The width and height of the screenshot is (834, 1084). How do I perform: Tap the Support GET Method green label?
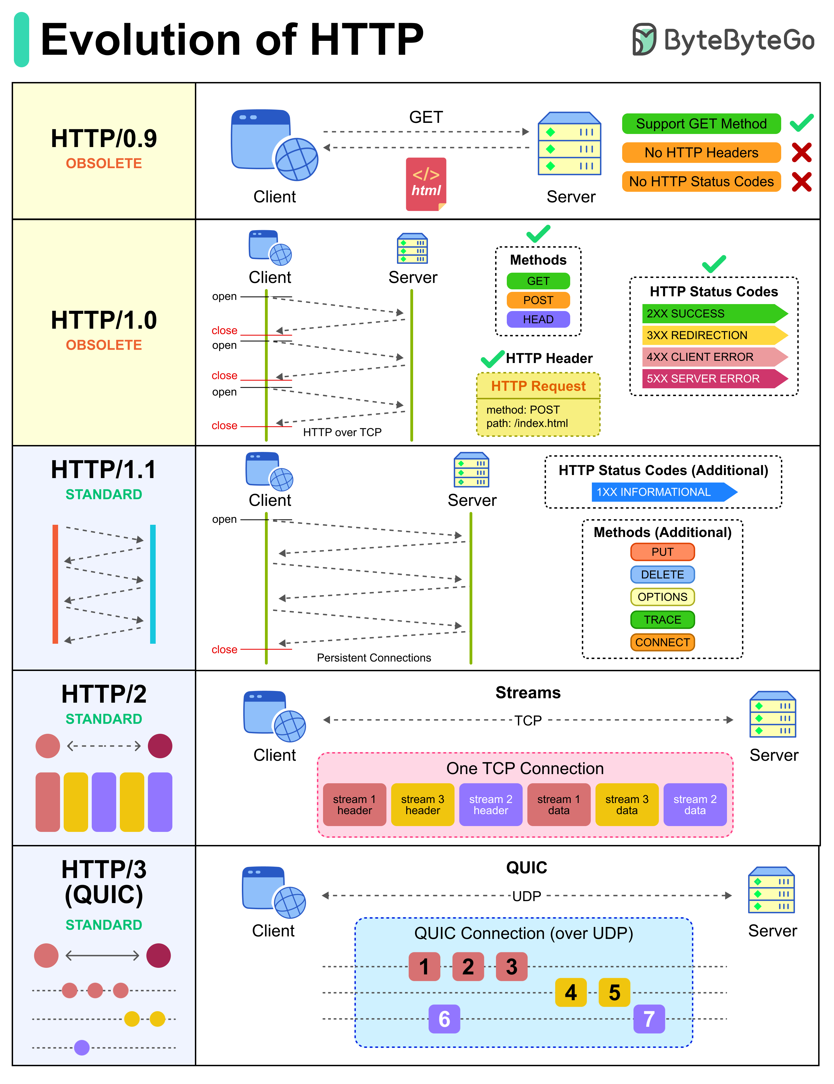(701, 124)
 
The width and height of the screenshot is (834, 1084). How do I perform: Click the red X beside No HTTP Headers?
(801, 152)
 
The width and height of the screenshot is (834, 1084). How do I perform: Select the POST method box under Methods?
(538, 300)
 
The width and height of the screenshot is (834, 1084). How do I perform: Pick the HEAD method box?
(538, 319)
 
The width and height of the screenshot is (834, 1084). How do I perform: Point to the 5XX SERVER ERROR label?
(710, 379)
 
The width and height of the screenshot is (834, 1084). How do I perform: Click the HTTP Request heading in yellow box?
(538, 386)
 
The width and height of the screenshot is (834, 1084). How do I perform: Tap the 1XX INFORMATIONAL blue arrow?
(660, 492)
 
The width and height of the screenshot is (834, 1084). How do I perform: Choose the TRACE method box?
(662, 620)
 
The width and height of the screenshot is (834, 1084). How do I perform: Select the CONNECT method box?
(662, 642)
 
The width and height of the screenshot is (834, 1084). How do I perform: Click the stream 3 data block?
(627, 805)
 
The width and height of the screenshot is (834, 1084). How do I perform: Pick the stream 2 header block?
(490, 805)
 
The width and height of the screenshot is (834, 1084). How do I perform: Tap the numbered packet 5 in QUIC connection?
(614, 993)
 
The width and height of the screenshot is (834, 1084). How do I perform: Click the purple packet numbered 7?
(649, 1019)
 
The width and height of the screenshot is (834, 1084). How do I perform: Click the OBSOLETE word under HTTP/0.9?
(104, 163)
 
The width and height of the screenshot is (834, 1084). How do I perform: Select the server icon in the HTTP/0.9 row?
(569, 144)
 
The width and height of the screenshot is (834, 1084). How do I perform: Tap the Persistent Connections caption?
(374, 658)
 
